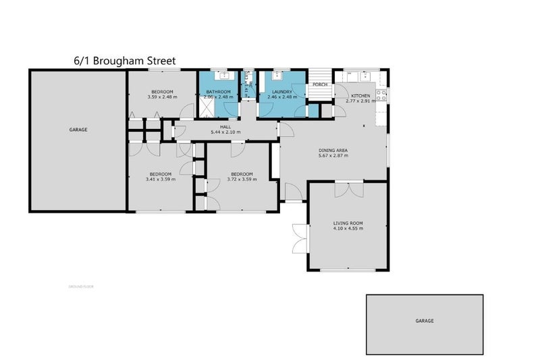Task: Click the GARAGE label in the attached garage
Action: [78, 129]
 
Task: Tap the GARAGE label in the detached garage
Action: [425, 322]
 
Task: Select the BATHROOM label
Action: [219, 92]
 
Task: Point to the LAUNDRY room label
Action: [282, 92]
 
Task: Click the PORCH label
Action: [320, 84]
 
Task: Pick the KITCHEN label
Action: [360, 96]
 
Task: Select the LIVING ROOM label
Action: [348, 223]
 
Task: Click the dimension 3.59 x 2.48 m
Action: [162, 97]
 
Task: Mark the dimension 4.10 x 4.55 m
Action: [348, 228]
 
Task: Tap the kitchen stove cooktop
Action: [383, 95]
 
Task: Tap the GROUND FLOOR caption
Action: [80, 287]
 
